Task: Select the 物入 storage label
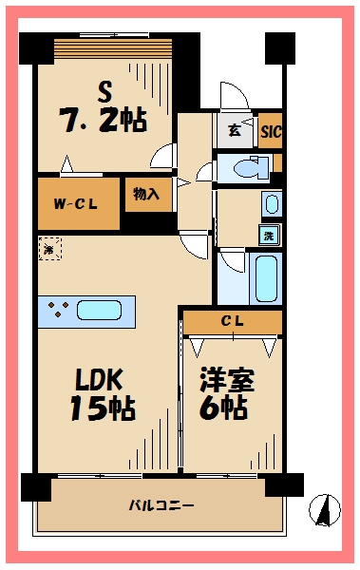(147, 195)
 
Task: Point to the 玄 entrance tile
(235, 130)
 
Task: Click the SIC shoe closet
(271, 131)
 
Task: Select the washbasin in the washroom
(272, 204)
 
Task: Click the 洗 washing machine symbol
(270, 236)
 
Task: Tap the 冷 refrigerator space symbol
(48, 249)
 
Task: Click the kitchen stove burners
(55, 310)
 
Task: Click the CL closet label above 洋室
(232, 322)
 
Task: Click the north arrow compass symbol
(323, 510)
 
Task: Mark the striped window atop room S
(112, 48)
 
